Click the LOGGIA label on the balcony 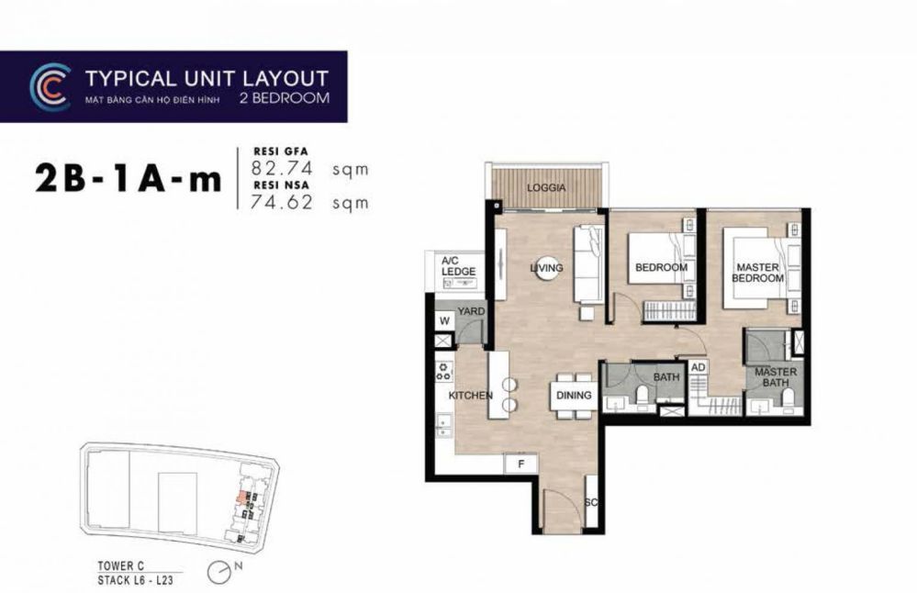tap(546, 188)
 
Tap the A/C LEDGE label tap(459, 266)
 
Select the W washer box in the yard tap(445, 320)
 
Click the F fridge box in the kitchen tap(520, 464)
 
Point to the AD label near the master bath tap(699, 367)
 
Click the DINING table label tap(574, 396)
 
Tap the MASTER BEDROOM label tap(757, 273)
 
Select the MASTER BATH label tap(776, 377)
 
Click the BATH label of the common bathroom tap(666, 377)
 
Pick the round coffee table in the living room tap(546, 268)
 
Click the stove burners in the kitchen tap(444, 371)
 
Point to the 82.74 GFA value tap(282, 168)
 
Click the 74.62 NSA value tap(282, 202)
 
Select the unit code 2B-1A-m tap(129, 179)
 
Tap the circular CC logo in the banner tap(50, 87)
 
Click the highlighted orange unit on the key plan tap(240, 498)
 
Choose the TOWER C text tap(120, 565)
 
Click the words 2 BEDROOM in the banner tap(285, 97)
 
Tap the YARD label tap(472, 311)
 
